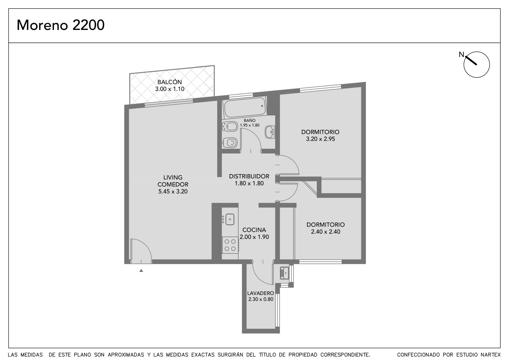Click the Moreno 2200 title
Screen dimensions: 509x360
(x=60, y=25)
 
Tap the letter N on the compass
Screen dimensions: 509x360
(x=461, y=54)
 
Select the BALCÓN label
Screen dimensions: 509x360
(x=170, y=81)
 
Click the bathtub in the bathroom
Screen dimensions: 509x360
(x=245, y=107)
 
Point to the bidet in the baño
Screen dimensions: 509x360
(x=230, y=126)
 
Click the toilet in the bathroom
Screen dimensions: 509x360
(x=230, y=143)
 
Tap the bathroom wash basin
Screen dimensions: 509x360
(x=270, y=132)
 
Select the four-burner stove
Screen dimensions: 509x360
(x=230, y=245)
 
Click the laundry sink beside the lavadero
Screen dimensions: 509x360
(x=284, y=273)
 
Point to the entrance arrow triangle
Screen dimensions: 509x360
(x=141, y=271)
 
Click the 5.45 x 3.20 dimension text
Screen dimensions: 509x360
(x=173, y=192)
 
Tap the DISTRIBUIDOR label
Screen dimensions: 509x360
(x=249, y=176)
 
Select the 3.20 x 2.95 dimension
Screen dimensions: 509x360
(x=320, y=139)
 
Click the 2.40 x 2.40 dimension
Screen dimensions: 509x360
(x=326, y=232)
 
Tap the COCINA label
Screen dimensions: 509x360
(x=254, y=230)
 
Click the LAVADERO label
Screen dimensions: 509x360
(x=261, y=293)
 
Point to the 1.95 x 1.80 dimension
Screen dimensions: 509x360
(x=250, y=125)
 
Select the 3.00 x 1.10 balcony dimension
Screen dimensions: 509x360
(x=170, y=89)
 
